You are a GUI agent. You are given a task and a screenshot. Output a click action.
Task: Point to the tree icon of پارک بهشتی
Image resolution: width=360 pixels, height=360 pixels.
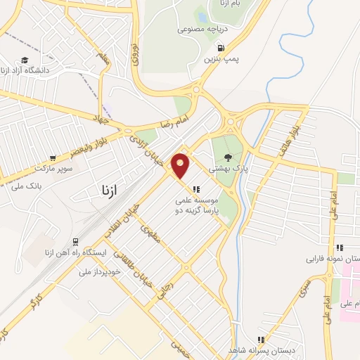pos(227,157)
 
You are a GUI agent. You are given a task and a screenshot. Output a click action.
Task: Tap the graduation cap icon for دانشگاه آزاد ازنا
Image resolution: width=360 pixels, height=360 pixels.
pos(25,61)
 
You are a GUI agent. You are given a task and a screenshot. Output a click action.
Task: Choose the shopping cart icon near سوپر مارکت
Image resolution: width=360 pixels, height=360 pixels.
pos(52,159)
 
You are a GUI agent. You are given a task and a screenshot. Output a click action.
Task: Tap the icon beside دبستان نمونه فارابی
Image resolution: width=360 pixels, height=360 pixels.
pos(340,247)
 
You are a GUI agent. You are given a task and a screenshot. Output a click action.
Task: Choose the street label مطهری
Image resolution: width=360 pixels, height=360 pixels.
pos(150,232)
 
